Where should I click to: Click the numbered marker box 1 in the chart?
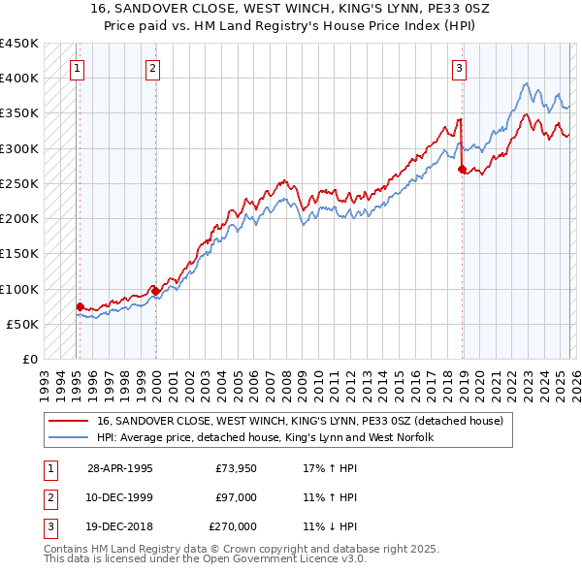point(77,68)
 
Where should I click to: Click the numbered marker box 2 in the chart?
point(153,68)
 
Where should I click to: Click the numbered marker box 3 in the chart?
point(459,68)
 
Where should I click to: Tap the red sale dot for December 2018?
point(462,169)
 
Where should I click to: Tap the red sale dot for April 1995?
point(80,306)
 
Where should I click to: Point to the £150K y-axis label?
point(19,253)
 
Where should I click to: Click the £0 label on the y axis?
point(29,359)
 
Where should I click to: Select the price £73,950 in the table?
point(236,468)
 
